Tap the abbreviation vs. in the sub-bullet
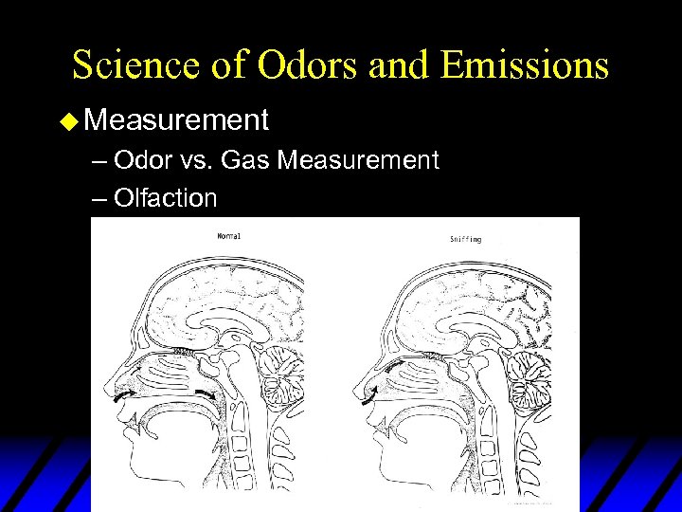pos(196,160)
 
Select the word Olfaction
pos(165,197)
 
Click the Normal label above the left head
pos(229,235)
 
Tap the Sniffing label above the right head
pos(465,239)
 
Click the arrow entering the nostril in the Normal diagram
pos(122,404)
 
